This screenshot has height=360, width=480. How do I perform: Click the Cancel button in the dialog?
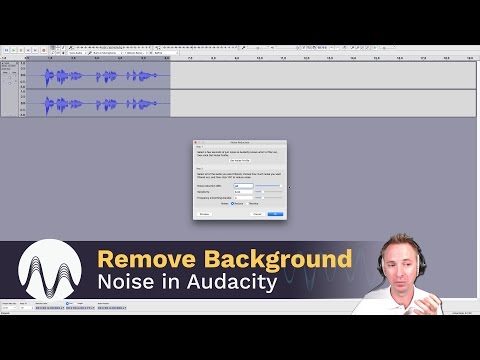[257, 213]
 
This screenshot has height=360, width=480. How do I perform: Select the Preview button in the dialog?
[204, 213]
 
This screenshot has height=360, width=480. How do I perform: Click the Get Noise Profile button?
[240, 160]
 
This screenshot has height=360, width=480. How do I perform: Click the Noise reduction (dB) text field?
[243, 185]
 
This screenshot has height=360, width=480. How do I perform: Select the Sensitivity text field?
[243, 191]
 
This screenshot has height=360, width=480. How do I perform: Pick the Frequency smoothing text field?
[243, 197]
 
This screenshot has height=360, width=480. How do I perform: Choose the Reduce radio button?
[233, 203]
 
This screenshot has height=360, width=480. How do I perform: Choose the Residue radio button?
[250, 203]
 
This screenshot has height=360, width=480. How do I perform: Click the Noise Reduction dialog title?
[240, 143]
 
